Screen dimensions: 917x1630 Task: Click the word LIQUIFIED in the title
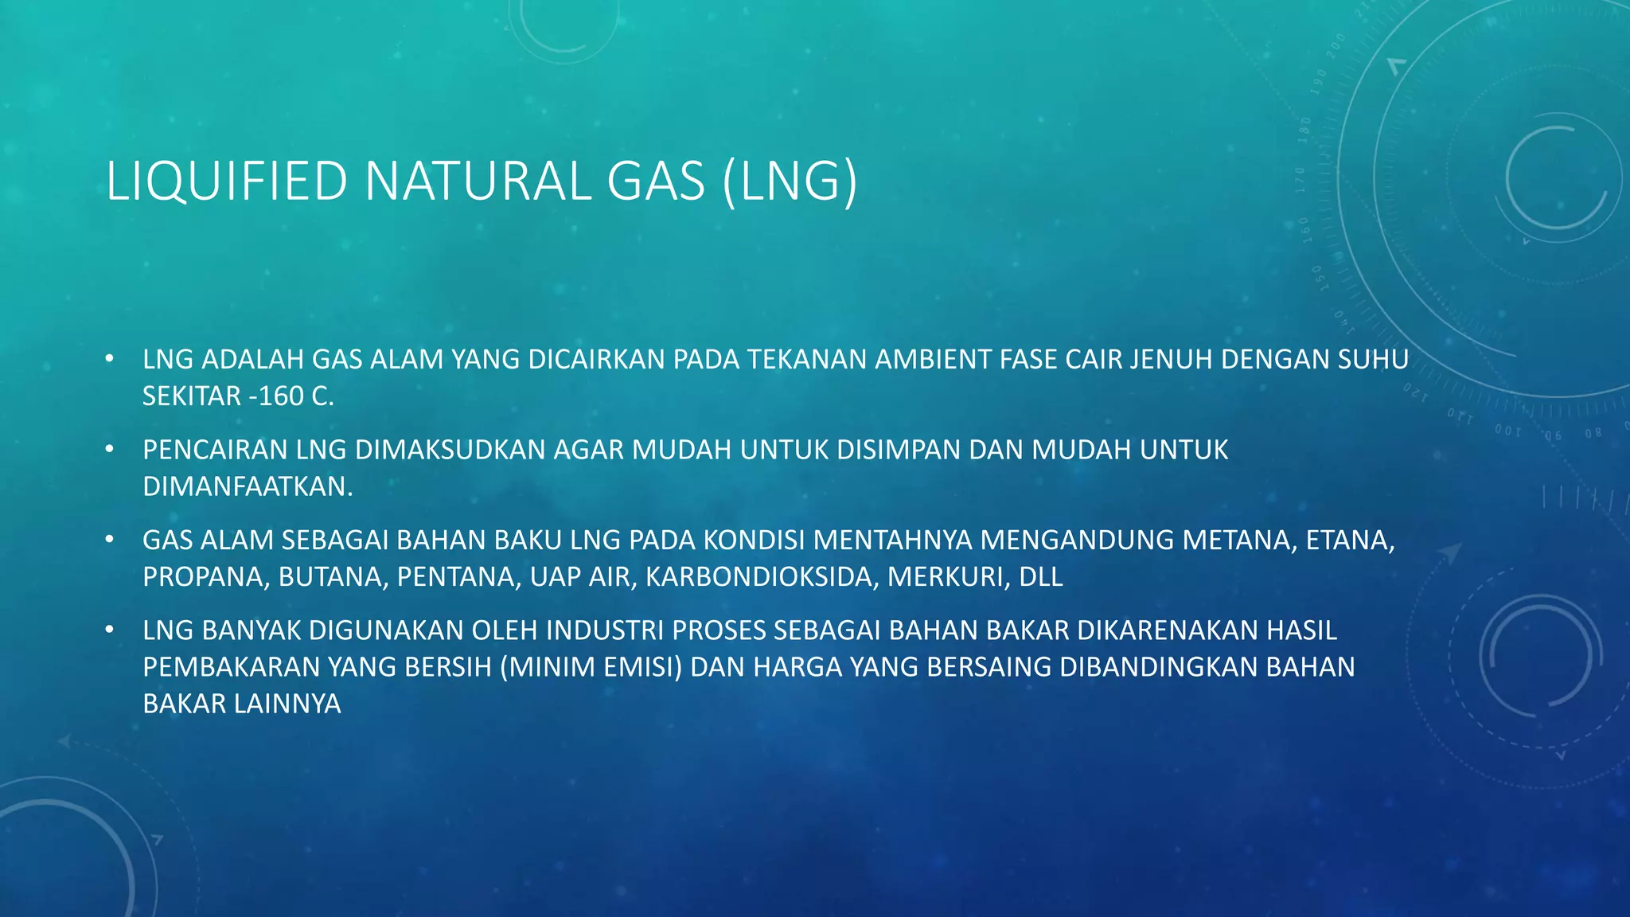tap(227, 181)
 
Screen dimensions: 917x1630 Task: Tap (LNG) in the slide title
tap(790, 181)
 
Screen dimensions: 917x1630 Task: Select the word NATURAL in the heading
tap(478, 181)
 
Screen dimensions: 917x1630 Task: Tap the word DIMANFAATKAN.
tap(248, 486)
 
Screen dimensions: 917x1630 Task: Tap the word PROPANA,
tap(206, 576)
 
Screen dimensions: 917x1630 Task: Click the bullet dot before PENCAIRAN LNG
tap(110, 450)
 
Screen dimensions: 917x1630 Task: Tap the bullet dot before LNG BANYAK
tap(110, 630)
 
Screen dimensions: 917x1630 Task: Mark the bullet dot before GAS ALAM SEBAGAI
tap(110, 540)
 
